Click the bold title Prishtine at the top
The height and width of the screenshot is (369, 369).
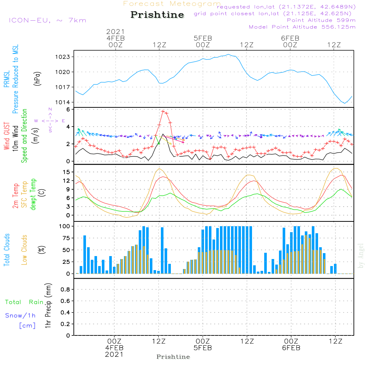pyautogui.click(x=157, y=15)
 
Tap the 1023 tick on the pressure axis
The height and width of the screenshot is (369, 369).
pyautogui.click(x=65, y=57)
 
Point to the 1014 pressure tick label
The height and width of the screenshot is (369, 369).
pyautogui.click(x=65, y=102)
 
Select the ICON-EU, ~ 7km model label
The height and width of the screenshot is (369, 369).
pyautogui.click(x=47, y=20)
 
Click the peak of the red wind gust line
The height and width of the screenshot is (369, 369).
pyautogui.click(x=163, y=111)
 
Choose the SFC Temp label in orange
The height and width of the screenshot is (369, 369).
pyautogui.click(x=24, y=194)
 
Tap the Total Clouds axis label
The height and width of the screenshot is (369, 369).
pyautogui.click(x=7, y=250)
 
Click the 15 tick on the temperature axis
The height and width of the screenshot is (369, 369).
pyautogui.click(x=66, y=172)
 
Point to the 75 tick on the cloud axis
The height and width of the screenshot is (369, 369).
pyautogui.click(x=66, y=238)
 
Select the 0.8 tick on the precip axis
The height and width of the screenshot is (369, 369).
pyautogui.click(x=65, y=289)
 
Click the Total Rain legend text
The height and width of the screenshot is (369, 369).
pyautogui.click(x=24, y=302)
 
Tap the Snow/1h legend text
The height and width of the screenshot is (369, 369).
pyautogui.click(x=20, y=315)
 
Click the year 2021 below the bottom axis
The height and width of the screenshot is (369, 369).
pyautogui.click(x=114, y=354)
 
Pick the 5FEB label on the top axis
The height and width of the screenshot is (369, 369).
pyautogui.click(x=203, y=38)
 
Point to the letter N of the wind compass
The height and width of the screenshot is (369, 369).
pyautogui.click(x=50, y=110)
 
